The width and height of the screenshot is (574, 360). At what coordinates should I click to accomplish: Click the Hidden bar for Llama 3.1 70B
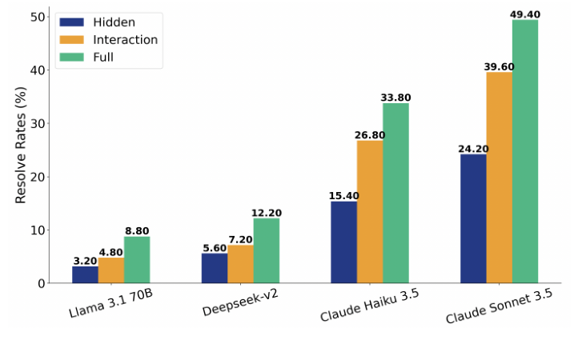click(85, 274)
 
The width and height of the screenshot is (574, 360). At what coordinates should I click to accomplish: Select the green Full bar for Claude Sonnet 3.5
click(525, 152)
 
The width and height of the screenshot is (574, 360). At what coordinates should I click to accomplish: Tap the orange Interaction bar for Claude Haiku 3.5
click(370, 212)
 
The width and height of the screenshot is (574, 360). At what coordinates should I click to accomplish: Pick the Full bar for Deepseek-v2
click(266, 250)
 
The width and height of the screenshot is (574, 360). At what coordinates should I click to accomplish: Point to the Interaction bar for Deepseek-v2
click(240, 264)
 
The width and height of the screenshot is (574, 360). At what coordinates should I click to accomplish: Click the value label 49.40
click(525, 14)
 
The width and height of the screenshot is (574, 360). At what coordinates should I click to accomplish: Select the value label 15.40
click(343, 196)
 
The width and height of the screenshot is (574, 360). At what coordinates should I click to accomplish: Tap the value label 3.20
click(85, 261)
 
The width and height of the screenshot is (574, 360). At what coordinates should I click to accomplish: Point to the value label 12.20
click(266, 213)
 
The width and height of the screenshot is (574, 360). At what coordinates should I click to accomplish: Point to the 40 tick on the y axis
click(38, 70)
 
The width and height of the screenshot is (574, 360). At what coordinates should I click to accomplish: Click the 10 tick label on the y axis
click(38, 230)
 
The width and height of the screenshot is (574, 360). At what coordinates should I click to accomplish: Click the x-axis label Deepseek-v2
click(239, 302)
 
